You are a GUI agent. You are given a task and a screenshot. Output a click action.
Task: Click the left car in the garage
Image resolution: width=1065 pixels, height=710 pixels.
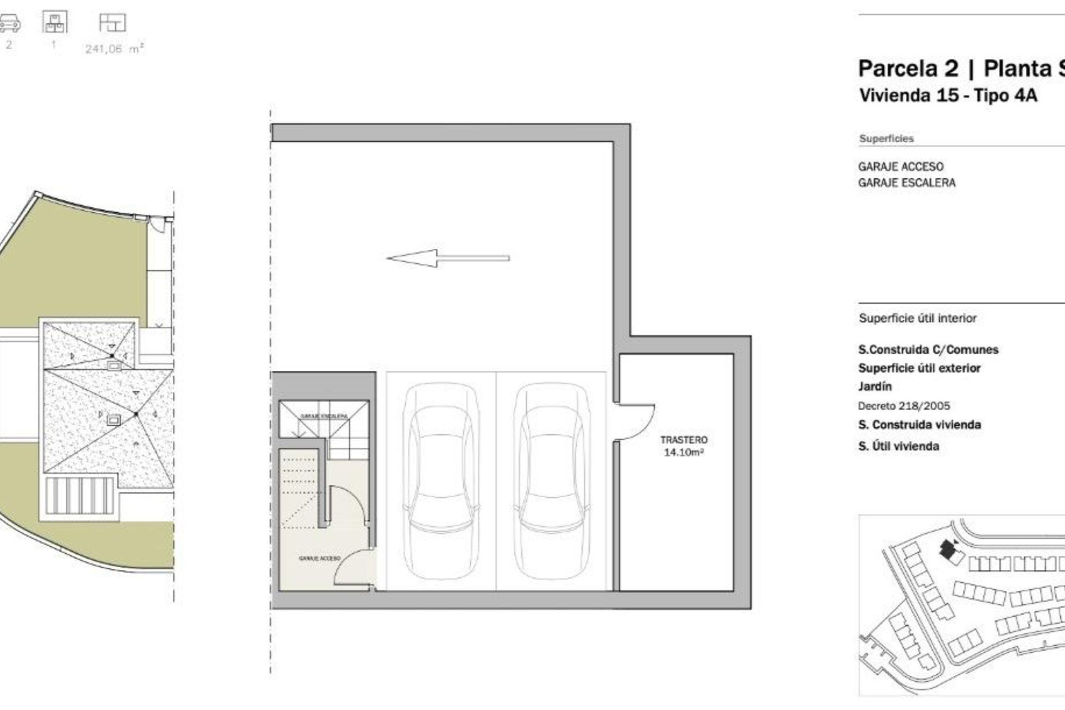coord(442,481)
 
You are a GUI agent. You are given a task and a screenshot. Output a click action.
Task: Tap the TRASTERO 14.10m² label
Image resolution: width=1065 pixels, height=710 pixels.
coord(683,446)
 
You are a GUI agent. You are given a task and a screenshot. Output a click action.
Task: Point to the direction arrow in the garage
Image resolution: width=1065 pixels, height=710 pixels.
coord(447,258)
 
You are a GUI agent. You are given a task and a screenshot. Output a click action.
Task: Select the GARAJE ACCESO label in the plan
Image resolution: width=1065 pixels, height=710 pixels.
coord(319,559)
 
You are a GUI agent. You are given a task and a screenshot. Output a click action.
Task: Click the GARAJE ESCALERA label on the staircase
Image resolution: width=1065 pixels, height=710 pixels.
coord(324,415)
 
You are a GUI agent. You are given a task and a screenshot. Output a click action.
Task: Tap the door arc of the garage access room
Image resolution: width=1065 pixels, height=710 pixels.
coord(353,566)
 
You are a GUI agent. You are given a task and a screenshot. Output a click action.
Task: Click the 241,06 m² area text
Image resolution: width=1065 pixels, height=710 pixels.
coord(114,49)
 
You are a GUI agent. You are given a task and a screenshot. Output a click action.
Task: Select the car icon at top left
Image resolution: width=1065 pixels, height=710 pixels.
coord(9,24)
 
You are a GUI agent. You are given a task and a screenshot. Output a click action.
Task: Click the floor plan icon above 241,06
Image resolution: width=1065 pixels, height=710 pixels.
coord(112,23)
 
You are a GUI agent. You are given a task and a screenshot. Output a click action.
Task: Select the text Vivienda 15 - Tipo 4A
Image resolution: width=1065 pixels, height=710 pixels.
coord(947,95)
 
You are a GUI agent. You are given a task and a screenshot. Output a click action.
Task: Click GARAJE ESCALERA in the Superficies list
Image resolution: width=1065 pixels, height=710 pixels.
coord(906,183)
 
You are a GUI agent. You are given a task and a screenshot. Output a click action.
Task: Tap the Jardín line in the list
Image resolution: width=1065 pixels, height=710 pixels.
coord(875,387)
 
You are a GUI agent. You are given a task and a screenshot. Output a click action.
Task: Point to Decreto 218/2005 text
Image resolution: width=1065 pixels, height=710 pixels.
coord(904,406)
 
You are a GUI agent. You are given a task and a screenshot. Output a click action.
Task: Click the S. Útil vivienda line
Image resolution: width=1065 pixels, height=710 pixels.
coord(898,446)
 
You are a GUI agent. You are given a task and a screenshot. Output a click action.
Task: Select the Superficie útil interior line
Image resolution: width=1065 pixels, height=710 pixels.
coord(917,318)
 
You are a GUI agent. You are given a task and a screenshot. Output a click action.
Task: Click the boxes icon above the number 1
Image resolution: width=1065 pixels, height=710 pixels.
coord(54,23)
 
